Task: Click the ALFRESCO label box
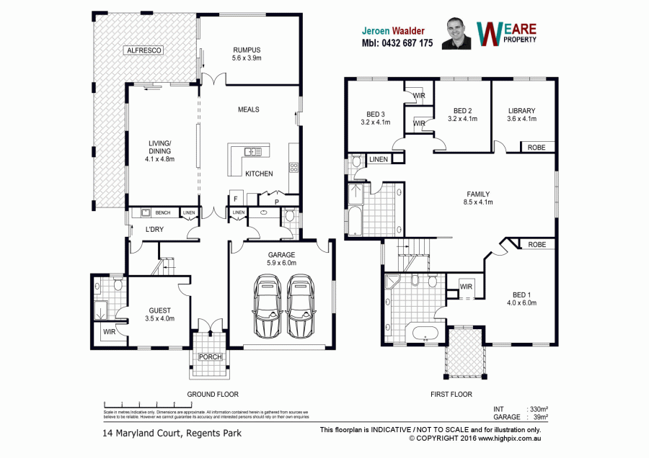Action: click(144, 50)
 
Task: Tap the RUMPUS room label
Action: click(246, 50)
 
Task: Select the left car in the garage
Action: click(268, 306)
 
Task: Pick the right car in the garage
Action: click(301, 306)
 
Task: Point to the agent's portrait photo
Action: click(456, 33)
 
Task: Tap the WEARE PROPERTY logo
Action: click(508, 33)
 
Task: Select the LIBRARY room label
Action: click(521, 111)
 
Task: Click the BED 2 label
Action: click(462, 110)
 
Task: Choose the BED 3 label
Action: click(375, 114)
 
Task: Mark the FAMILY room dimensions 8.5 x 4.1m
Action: click(478, 202)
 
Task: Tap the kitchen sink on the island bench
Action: click(253, 151)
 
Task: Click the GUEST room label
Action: click(159, 310)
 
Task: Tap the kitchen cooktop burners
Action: click(293, 169)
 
